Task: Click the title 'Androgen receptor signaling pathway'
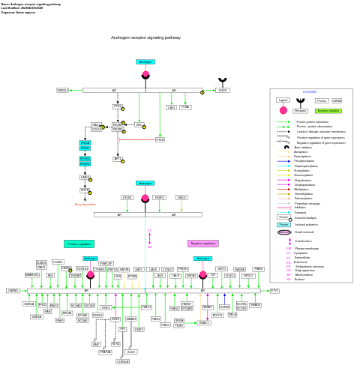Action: coord(145,37)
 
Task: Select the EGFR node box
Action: coord(223,90)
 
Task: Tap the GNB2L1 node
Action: coord(63,90)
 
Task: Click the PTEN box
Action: coord(160,139)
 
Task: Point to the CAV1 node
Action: coord(171,107)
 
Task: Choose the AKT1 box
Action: coord(118,159)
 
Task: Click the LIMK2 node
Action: coord(85,178)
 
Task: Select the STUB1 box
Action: coord(127,198)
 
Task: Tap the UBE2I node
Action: coord(181,198)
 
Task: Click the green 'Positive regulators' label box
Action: coord(79,244)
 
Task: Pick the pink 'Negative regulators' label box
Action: coord(202,244)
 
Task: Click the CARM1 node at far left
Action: coord(13,290)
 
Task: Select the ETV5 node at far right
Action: coord(274,290)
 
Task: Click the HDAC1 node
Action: coord(204,322)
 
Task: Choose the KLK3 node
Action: coord(131,352)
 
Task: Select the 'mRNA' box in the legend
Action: coord(337,100)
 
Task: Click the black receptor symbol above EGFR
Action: coord(223,80)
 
